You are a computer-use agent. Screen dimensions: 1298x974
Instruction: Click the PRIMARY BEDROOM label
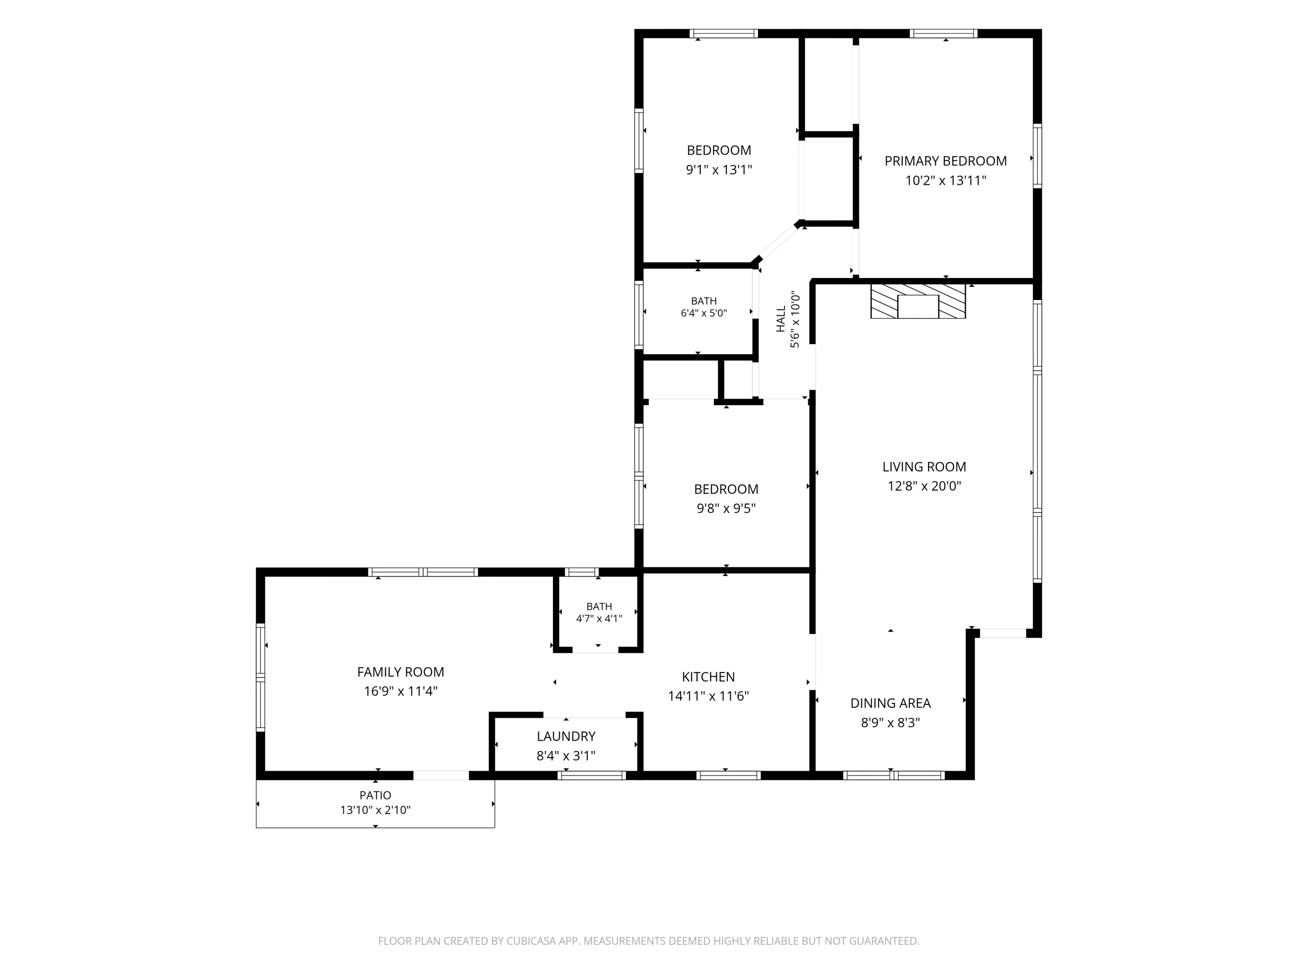(x=945, y=161)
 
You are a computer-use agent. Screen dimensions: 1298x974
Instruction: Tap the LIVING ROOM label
(x=924, y=467)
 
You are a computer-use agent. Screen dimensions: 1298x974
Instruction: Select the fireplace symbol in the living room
(x=918, y=302)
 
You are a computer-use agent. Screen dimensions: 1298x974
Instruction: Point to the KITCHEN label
(x=708, y=677)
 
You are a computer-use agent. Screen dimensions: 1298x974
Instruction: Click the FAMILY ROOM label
(x=401, y=672)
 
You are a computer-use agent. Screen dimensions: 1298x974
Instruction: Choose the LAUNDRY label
(x=566, y=736)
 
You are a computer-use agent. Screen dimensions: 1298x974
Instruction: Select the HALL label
(x=781, y=319)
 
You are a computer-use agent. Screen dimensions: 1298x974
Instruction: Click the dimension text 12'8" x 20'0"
(x=924, y=486)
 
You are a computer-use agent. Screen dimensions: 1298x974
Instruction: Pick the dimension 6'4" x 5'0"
(x=704, y=313)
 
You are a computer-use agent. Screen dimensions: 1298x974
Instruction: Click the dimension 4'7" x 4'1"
(x=599, y=619)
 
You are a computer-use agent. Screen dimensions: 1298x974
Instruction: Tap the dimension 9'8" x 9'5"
(x=726, y=509)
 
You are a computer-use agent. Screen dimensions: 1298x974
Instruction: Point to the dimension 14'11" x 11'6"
(x=708, y=696)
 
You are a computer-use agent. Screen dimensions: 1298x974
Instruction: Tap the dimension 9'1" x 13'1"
(x=720, y=170)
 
